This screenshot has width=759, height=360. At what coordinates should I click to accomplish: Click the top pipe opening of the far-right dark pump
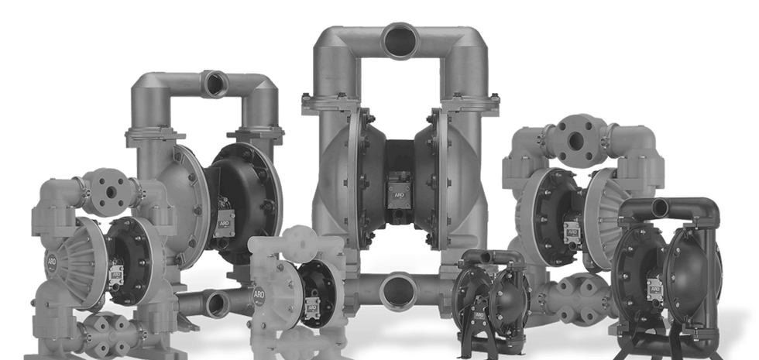[663, 207]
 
